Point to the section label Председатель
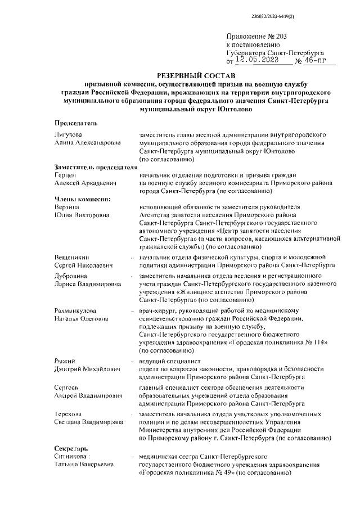[x=76, y=123]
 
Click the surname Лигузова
[x=68, y=136]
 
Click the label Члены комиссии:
[x=83, y=199]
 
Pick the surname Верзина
[x=67, y=207]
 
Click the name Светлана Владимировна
[x=89, y=422]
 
